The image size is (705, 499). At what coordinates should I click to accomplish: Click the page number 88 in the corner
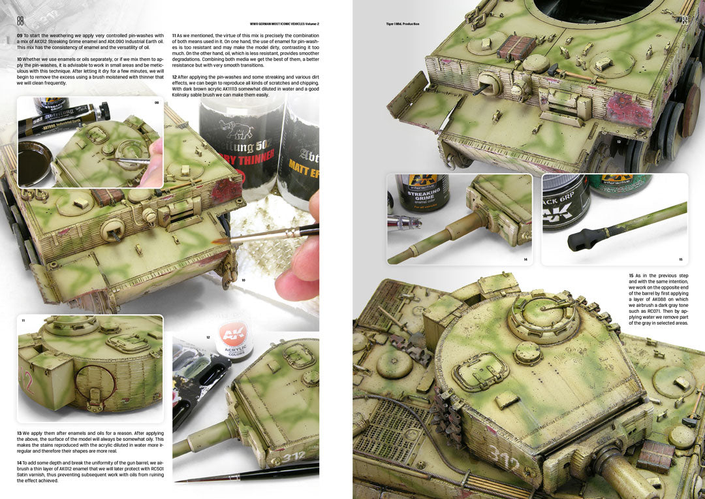click(20, 20)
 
